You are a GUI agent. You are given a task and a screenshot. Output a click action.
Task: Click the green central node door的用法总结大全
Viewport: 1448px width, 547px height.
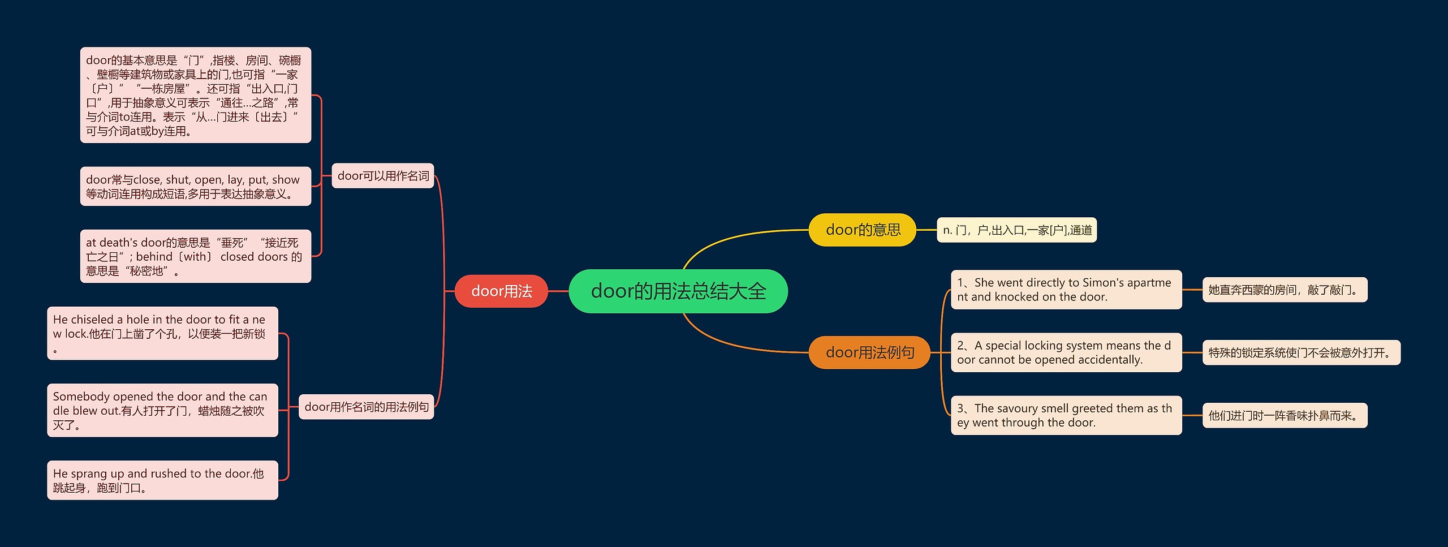click(678, 291)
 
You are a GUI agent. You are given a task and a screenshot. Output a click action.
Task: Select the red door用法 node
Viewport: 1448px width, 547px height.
click(501, 291)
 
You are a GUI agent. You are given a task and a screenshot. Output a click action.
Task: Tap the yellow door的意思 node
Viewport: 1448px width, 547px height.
click(862, 230)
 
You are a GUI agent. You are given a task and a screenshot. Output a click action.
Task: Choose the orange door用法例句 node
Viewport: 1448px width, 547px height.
click(869, 352)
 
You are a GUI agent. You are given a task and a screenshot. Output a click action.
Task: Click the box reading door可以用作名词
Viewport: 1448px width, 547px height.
click(383, 176)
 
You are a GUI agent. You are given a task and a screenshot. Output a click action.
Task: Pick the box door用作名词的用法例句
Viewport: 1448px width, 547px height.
click(366, 407)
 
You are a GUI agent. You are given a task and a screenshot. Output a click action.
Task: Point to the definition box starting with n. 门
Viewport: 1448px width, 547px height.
click(1016, 230)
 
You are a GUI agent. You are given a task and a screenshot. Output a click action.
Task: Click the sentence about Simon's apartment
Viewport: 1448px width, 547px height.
click(1066, 290)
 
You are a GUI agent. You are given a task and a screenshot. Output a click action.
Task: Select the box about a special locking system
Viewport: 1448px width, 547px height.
click(1066, 352)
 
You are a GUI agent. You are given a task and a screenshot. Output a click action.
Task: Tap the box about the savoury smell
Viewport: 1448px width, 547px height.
click(1066, 415)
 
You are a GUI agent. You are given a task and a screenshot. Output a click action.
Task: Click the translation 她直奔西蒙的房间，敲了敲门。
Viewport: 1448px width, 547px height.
click(1284, 290)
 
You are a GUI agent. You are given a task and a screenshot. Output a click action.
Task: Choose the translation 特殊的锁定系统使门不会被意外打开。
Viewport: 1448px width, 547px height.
click(1301, 352)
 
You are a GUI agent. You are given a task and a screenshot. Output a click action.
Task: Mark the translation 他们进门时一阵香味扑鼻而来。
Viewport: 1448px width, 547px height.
click(1284, 415)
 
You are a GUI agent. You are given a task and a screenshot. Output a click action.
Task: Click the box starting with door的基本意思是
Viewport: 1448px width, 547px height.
click(196, 95)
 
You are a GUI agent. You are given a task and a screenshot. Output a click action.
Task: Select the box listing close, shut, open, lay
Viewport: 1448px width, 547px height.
click(196, 186)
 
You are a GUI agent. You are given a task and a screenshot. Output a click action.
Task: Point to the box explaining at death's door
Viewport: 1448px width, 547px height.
click(196, 256)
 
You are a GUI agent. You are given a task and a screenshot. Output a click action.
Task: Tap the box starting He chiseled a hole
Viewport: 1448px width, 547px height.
click(162, 333)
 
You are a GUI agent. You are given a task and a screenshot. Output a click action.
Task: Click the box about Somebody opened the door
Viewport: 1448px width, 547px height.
click(162, 410)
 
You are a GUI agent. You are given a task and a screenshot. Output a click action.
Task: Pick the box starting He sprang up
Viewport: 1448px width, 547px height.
click(162, 480)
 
